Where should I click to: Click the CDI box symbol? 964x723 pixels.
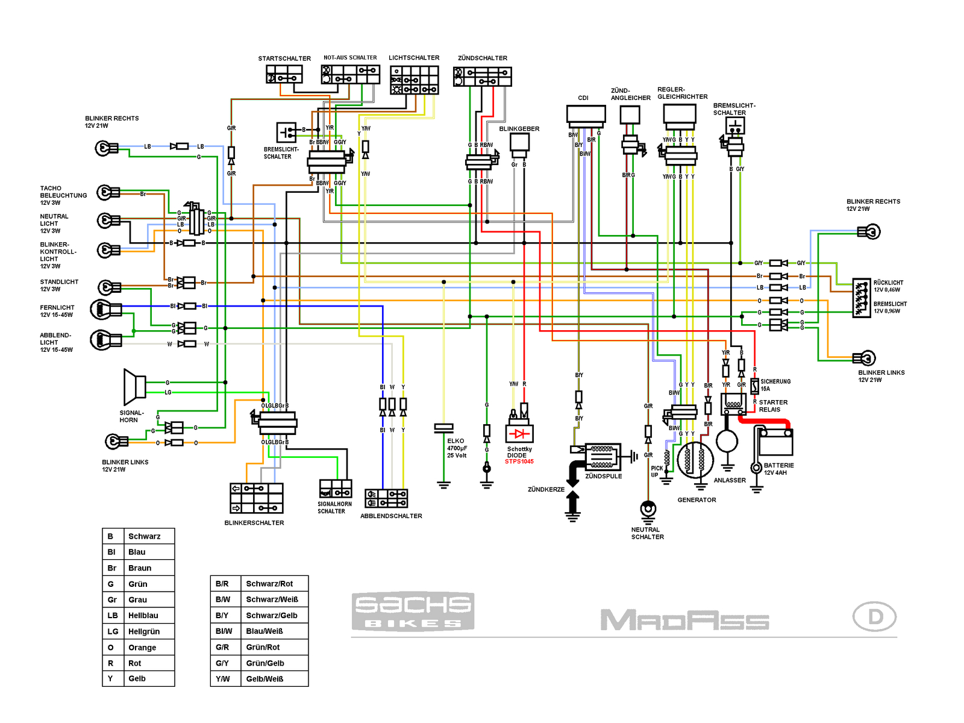tap(586, 115)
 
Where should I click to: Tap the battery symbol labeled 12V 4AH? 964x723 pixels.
tap(776, 443)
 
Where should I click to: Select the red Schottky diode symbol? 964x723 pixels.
tap(519, 434)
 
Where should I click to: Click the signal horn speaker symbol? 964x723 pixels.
tap(134, 387)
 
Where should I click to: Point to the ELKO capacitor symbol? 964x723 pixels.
tap(443, 428)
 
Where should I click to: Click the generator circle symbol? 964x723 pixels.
tap(695, 460)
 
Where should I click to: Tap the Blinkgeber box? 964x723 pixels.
tap(519, 142)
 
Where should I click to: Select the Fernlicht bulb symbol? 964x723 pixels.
tap(105, 310)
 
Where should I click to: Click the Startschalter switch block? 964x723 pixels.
tap(284, 75)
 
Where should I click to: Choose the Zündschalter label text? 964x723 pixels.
tap(483, 58)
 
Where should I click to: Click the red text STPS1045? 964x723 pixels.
tap(519, 462)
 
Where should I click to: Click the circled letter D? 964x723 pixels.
tap(875, 617)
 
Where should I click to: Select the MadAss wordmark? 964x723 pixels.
tap(684, 620)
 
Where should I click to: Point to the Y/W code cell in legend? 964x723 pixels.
tap(223, 679)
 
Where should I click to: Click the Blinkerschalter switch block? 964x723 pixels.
tap(257, 498)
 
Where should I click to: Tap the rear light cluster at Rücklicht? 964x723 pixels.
tap(862, 298)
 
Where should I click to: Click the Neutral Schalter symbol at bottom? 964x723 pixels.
tap(648, 510)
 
